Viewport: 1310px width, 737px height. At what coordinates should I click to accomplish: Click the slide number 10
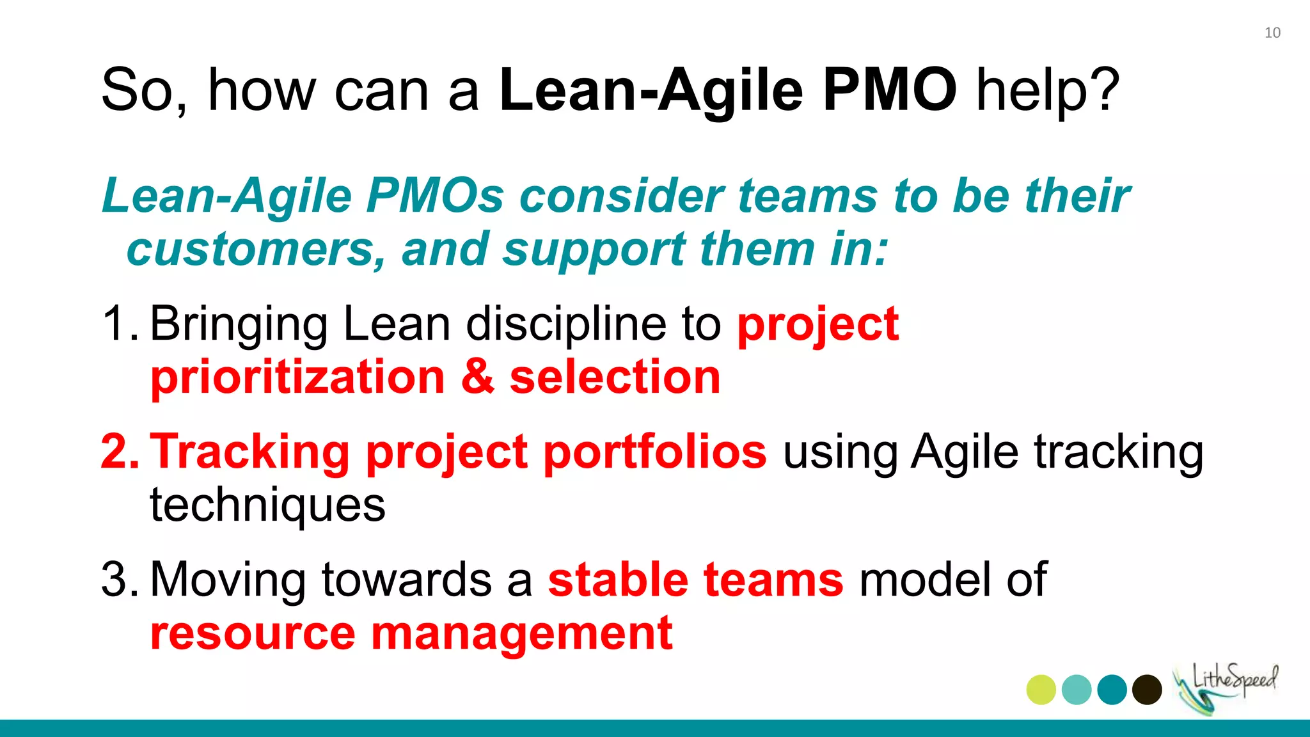tap(1272, 33)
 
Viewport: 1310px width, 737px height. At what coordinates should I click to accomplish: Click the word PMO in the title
tap(889, 90)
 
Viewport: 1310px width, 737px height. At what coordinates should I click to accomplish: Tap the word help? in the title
tap(1048, 90)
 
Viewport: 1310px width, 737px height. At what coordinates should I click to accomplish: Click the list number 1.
tap(117, 324)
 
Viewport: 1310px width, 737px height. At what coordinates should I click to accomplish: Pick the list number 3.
tap(118, 580)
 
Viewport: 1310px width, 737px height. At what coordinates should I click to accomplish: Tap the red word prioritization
tap(297, 377)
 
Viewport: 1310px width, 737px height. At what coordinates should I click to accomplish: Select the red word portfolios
tap(654, 452)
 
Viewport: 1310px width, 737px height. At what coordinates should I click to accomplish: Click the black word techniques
tap(267, 505)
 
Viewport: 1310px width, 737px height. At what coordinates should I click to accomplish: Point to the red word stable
tap(618, 580)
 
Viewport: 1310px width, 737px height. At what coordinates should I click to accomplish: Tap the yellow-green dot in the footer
tap(1041, 690)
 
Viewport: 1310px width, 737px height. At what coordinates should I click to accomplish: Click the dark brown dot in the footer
tap(1147, 690)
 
